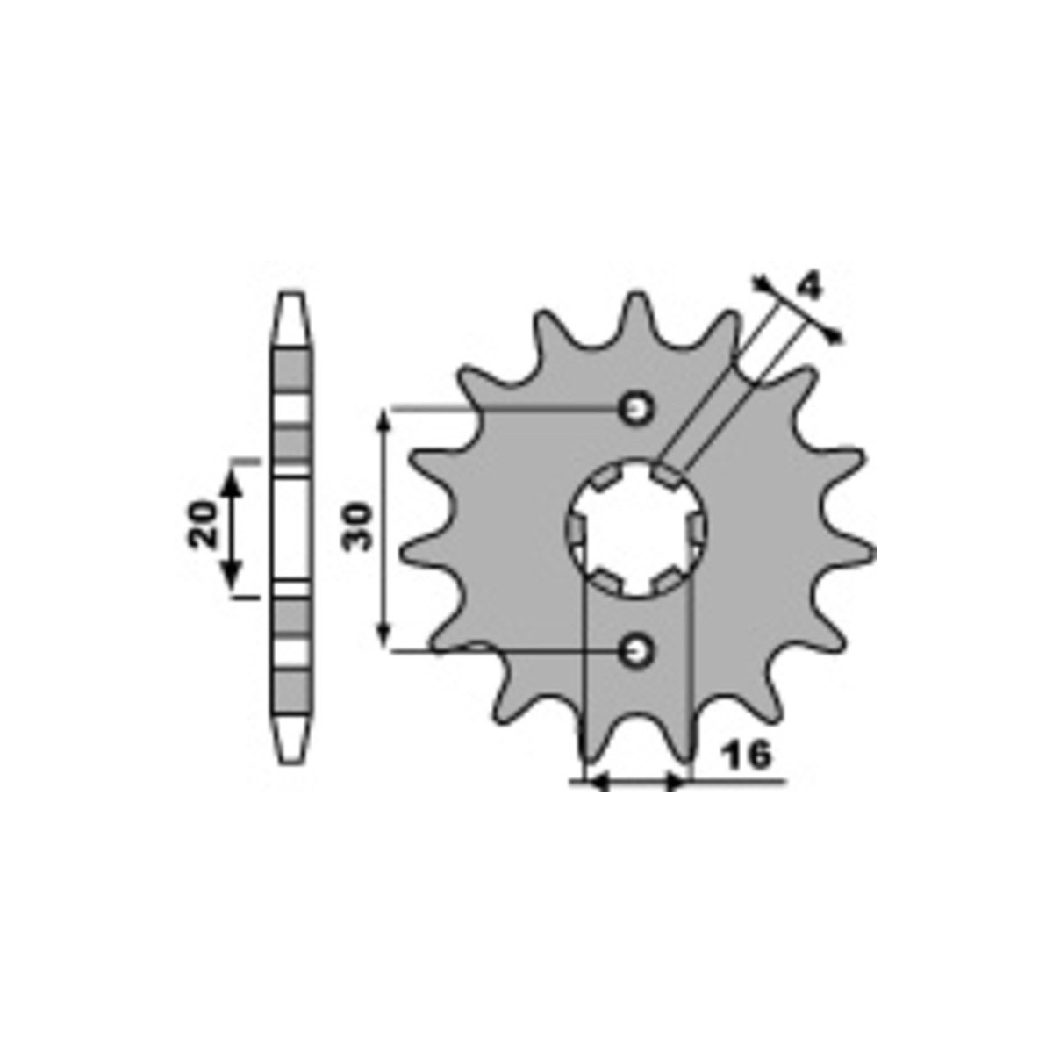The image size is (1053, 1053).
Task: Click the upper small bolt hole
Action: tap(636, 408)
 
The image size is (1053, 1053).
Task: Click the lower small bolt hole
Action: tap(636, 650)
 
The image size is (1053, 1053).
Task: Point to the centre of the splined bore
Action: tap(636, 528)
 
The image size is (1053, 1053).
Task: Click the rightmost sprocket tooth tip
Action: tap(871, 552)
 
